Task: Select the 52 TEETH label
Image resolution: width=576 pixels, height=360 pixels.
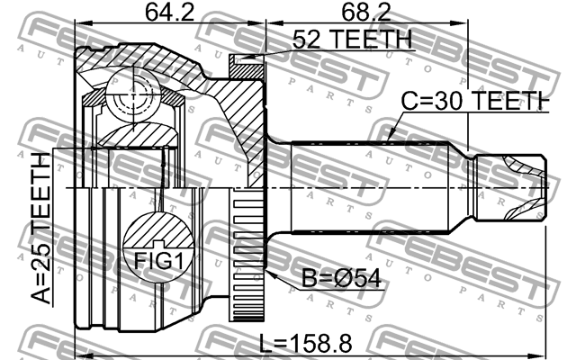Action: click(x=351, y=41)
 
